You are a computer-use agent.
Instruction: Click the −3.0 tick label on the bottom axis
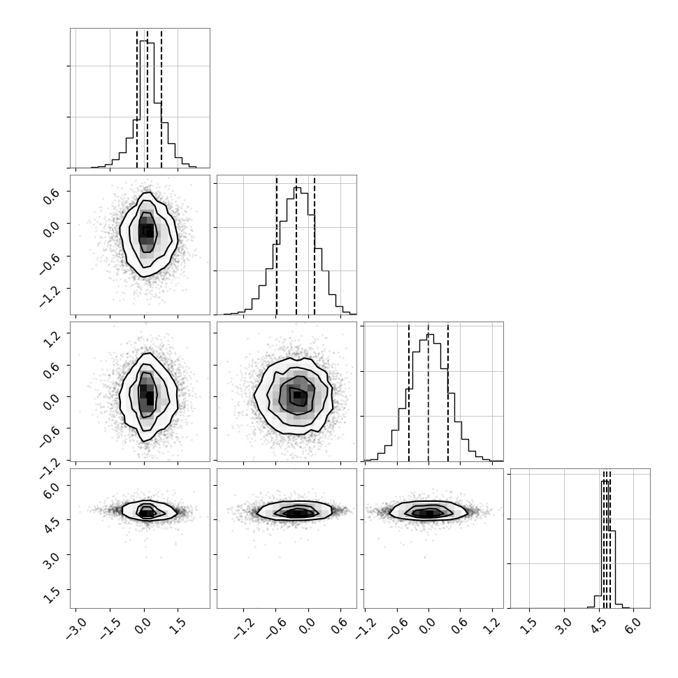76,630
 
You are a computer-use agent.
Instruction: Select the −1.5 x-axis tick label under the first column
110,630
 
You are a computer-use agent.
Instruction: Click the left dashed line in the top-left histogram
137,98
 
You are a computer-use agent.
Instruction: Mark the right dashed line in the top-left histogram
161,98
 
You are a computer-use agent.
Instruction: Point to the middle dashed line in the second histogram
296,245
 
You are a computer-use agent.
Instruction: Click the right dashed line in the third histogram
448,391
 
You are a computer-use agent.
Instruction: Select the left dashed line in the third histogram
409,391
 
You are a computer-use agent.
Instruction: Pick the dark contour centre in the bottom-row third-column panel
428,513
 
